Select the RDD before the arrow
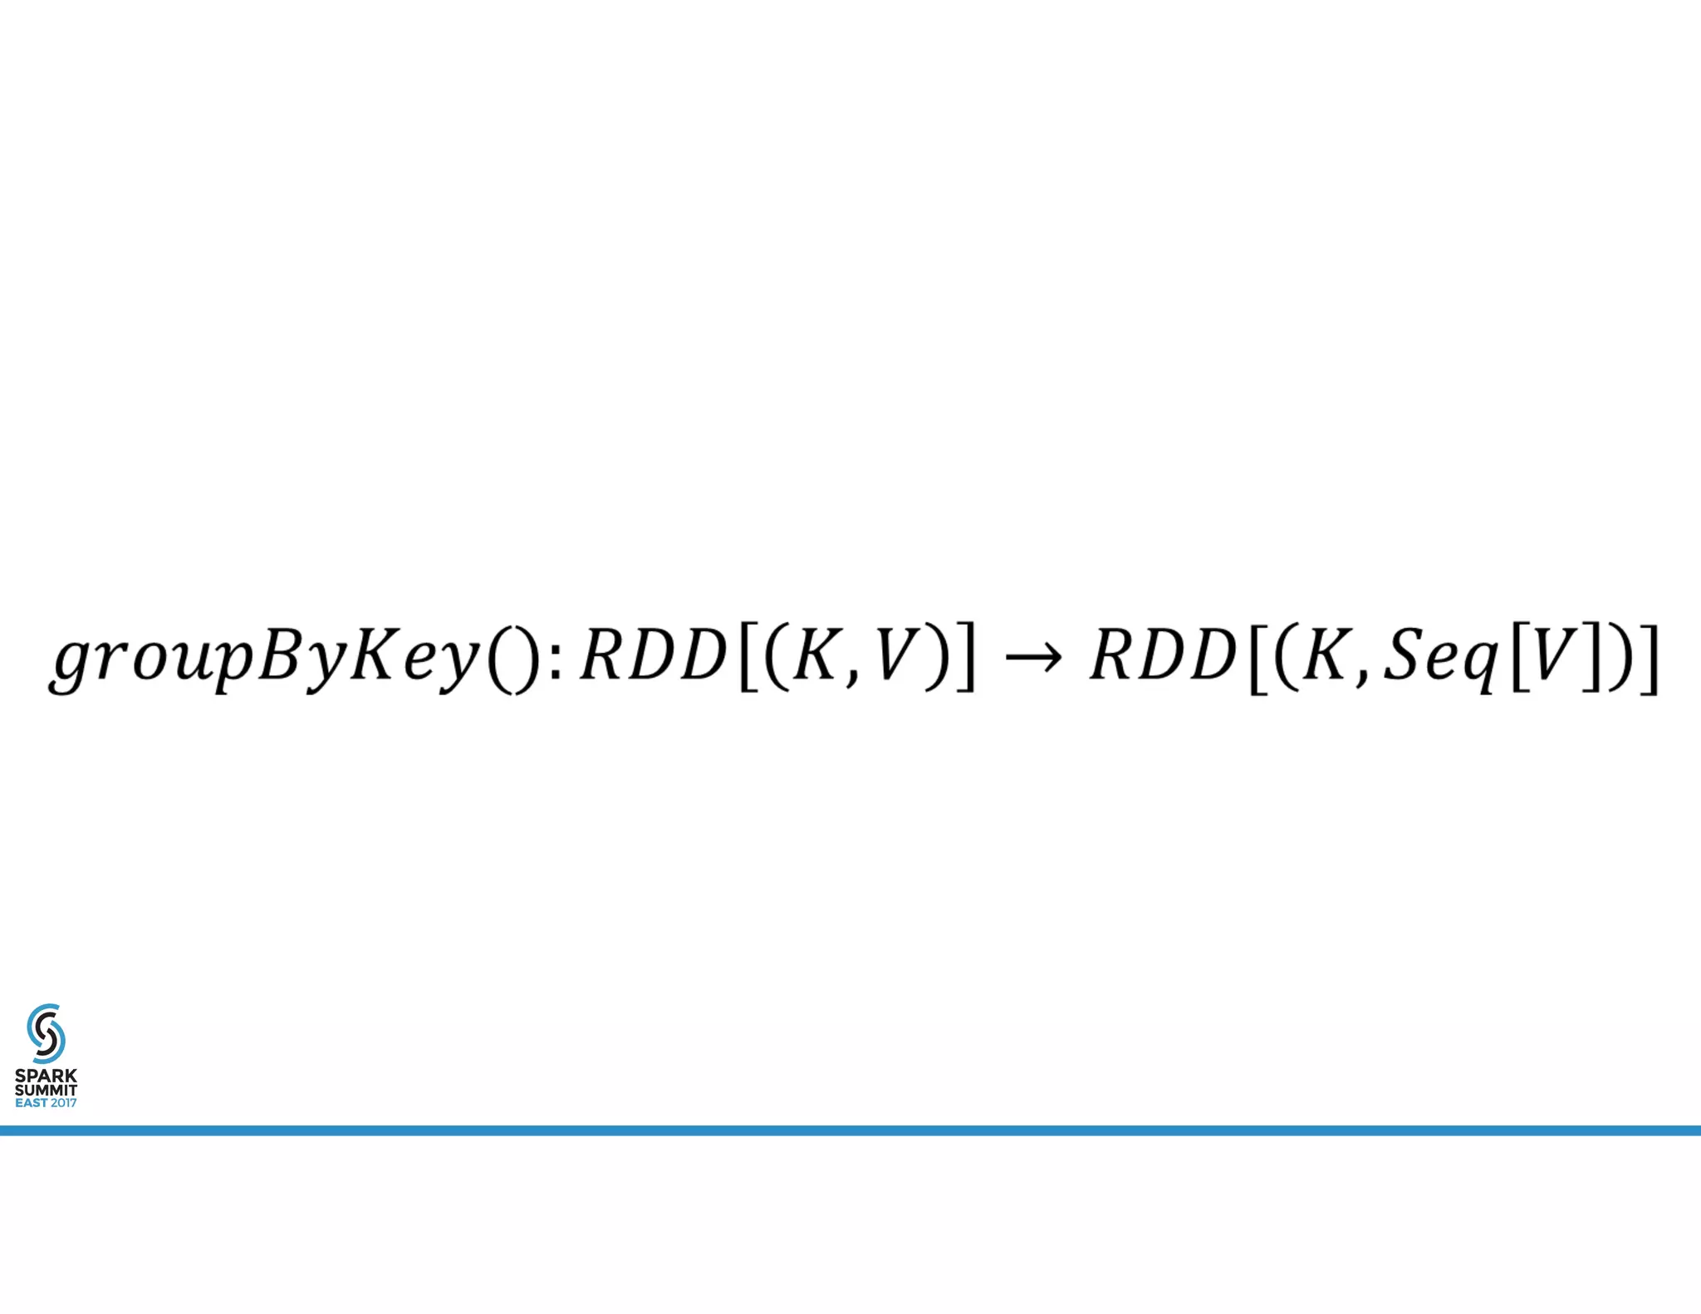point(653,655)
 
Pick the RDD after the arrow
point(1163,655)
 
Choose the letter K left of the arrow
point(815,655)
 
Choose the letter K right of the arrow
point(1326,655)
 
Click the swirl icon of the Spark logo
point(46,1033)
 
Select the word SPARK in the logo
point(46,1076)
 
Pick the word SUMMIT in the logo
point(46,1090)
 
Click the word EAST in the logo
point(32,1103)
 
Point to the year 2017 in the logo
point(63,1103)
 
